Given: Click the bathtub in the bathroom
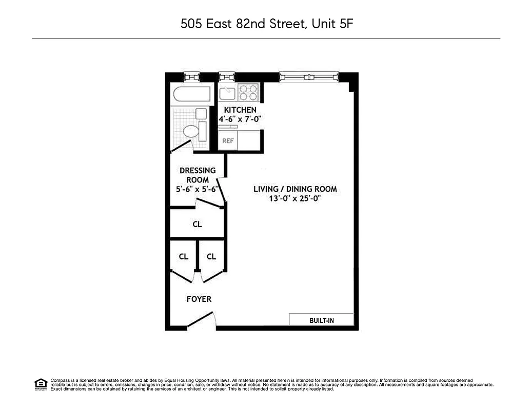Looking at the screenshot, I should point(192,95).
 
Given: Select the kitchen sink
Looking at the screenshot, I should point(227,93).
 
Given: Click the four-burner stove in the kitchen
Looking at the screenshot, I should point(248,93).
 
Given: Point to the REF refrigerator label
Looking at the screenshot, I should point(228,140).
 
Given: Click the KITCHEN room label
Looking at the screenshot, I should point(240,110).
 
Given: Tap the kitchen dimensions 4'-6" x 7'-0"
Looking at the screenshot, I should point(240,119).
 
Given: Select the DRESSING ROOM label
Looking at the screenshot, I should point(197,175).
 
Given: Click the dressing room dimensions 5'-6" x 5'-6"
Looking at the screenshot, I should point(197,189).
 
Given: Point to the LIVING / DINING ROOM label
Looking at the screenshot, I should point(295,189).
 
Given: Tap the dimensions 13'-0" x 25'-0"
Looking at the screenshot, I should point(295,198).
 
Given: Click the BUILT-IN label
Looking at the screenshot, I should point(321,320).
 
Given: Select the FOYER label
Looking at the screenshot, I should point(199,299).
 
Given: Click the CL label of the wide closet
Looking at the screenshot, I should point(197,224).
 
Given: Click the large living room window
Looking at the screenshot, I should point(309,77).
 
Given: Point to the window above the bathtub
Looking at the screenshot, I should point(192,77).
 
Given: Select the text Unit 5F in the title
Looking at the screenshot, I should point(332,24).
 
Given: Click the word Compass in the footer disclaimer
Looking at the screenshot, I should point(60,380).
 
